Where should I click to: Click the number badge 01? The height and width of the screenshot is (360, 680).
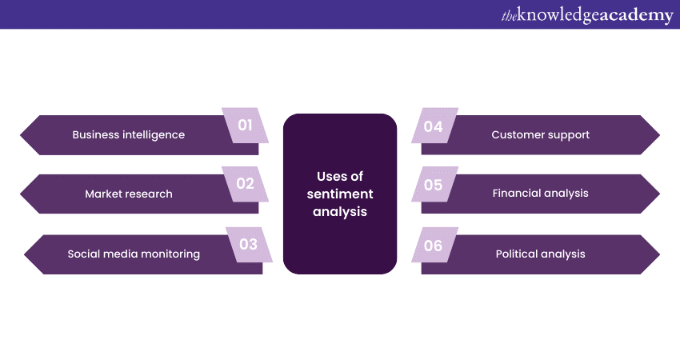[x=245, y=125]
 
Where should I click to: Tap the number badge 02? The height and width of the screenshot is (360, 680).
[x=245, y=184]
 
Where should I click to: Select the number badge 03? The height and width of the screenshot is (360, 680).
[x=248, y=244]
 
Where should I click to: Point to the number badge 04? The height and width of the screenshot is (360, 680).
[x=434, y=126]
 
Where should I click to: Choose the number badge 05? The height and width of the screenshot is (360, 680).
[x=434, y=185]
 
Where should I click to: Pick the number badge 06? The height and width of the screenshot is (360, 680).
[x=434, y=246]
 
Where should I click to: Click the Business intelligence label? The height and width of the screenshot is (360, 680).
[x=128, y=134]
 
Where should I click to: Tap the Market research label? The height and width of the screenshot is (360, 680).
[x=128, y=194]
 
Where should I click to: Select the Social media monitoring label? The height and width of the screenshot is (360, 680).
[x=134, y=254]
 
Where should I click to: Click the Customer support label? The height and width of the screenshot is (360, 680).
[x=540, y=134]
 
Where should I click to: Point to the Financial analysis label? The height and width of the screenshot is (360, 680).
[x=540, y=193]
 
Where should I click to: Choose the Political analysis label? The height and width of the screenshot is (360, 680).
[x=540, y=254]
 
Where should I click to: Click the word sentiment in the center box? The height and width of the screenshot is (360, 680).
[x=340, y=194]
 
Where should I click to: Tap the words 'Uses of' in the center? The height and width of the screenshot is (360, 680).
[x=340, y=177]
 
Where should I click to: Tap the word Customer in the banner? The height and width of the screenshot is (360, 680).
[x=517, y=134]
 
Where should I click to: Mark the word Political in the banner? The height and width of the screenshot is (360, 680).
[x=519, y=254]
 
